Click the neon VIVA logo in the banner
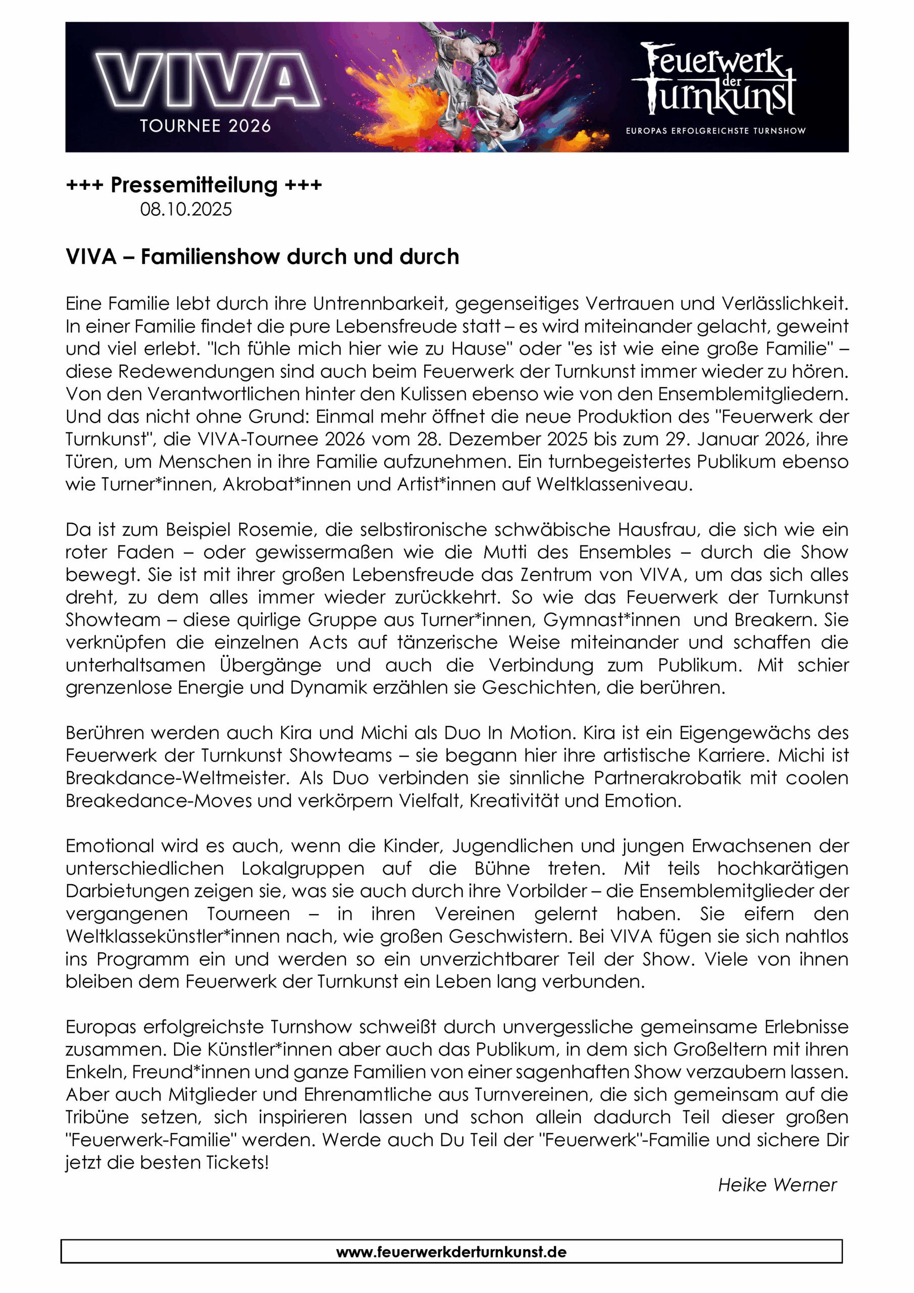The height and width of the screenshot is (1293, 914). [x=207, y=79]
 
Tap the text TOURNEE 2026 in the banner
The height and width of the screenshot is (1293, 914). [x=205, y=126]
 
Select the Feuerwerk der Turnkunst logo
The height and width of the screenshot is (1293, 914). [x=714, y=80]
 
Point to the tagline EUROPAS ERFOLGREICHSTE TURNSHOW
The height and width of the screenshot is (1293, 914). [x=715, y=131]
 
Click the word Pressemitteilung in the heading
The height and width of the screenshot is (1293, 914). [x=194, y=185]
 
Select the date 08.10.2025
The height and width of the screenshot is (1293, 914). [x=186, y=210]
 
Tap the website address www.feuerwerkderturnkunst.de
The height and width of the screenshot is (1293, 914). [x=451, y=1252]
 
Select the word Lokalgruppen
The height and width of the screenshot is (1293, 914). [x=302, y=868]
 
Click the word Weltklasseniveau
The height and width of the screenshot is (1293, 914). [x=614, y=484]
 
